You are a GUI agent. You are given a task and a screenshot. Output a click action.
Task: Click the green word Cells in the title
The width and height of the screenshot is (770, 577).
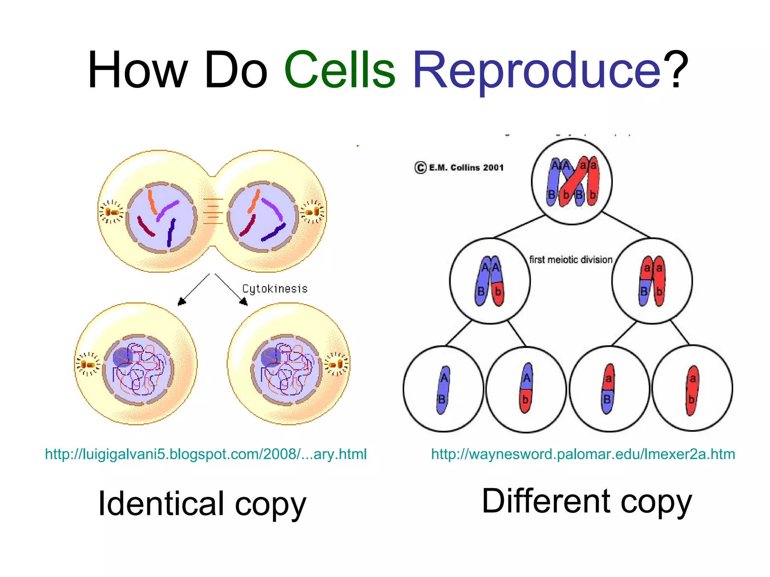pos(340,71)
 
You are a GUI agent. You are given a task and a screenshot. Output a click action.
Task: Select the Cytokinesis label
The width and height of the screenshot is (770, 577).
pos(275,289)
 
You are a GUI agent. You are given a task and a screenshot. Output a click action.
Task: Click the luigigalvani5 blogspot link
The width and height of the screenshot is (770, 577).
pos(206,454)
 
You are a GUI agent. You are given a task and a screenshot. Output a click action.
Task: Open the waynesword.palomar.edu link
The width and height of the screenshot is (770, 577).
pos(583,454)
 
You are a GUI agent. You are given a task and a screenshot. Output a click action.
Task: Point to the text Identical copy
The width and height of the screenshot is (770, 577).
pos(202,504)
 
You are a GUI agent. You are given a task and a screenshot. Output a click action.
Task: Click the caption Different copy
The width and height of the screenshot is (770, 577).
pos(587,501)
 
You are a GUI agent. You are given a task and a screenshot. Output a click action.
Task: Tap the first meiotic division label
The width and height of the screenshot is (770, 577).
pos(571,260)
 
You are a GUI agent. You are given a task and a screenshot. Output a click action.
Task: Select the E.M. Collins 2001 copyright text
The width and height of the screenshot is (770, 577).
pos(459,168)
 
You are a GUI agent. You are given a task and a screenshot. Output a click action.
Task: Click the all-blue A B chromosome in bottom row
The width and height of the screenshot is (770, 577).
pos(443,390)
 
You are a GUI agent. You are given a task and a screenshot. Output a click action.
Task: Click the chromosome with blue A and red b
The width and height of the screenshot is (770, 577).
pos(526,388)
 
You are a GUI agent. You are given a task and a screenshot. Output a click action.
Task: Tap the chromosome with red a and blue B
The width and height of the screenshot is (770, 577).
pos(608,389)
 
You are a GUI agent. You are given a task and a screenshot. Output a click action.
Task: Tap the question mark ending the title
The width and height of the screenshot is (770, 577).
pos(676,71)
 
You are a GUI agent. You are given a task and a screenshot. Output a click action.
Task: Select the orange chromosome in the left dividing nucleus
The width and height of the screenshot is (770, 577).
pos(152,201)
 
